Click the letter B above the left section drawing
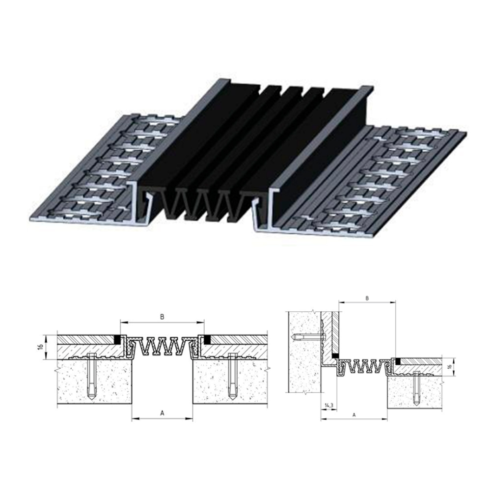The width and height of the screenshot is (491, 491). pyautogui.click(x=162, y=317)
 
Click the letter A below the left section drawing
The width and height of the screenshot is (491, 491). pyautogui.click(x=162, y=413)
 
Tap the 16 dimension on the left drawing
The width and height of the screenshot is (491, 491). pyautogui.click(x=41, y=347)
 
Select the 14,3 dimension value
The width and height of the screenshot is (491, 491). pyautogui.click(x=329, y=406)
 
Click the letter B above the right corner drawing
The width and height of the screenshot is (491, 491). pyautogui.click(x=367, y=299)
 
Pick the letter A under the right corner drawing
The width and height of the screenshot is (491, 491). pyautogui.click(x=354, y=415)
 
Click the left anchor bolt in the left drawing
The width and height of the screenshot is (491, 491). pyautogui.click(x=91, y=377)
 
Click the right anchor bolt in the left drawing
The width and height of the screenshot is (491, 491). pyautogui.click(x=232, y=377)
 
